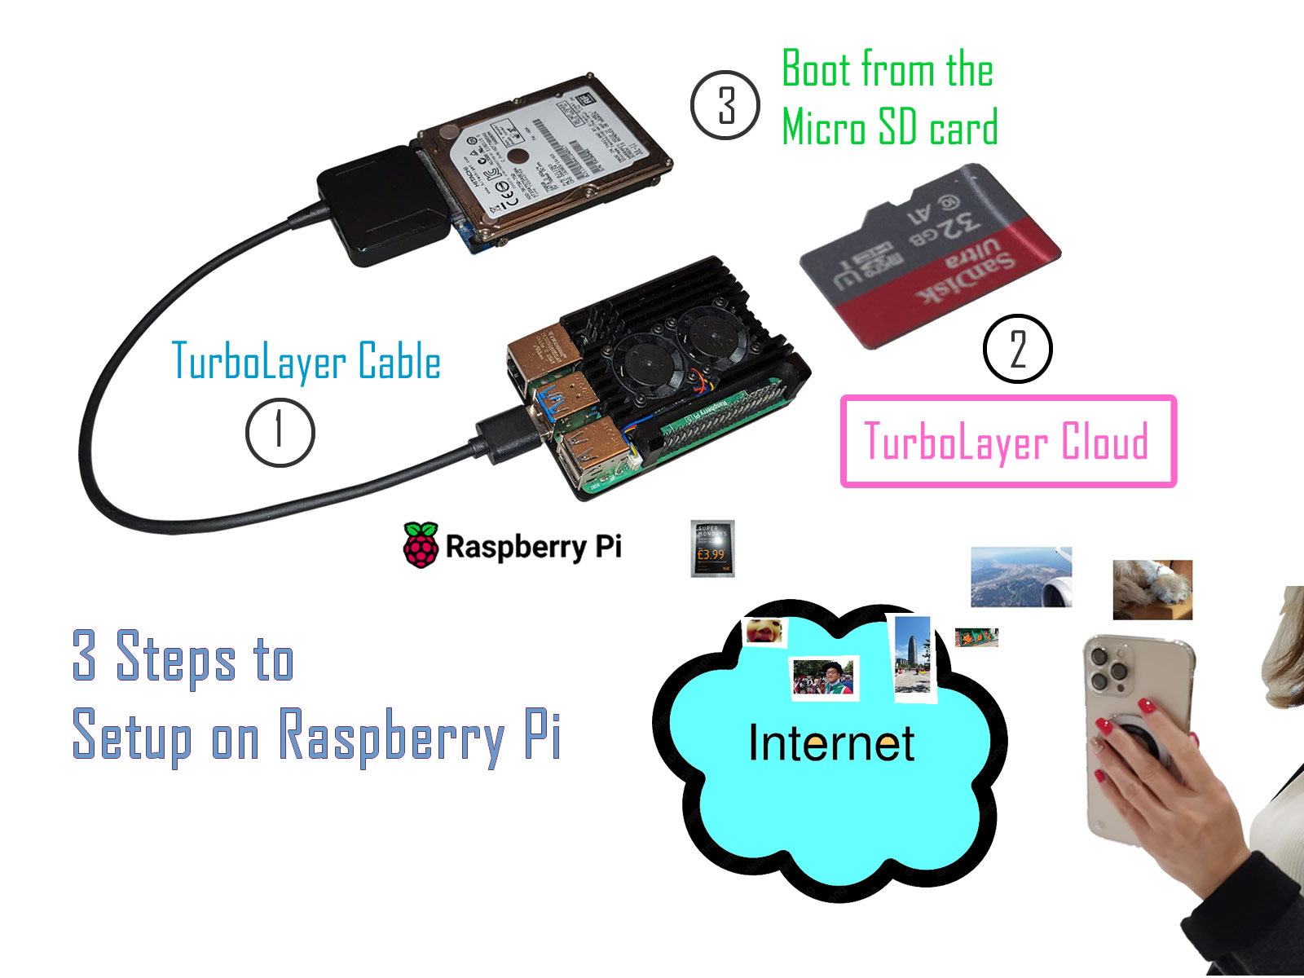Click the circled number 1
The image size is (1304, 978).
tap(280, 432)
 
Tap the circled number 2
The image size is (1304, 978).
tap(1018, 349)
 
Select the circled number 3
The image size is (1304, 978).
tap(725, 105)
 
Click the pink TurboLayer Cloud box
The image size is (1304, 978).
tap(1008, 442)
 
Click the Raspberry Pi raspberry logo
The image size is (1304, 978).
tap(421, 545)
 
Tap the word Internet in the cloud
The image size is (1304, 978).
tap(830, 743)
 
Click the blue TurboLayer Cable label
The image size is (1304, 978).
tap(306, 361)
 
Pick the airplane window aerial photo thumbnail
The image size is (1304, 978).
tap(1021, 577)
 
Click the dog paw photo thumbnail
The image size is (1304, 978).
tap(1152, 589)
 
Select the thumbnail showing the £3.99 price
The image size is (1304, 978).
tap(712, 548)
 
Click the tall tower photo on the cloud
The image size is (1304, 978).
tap(912, 656)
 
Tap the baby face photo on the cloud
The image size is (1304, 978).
tap(764, 631)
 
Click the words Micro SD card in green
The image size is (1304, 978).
tap(889, 128)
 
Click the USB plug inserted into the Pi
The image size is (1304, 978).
tap(501, 434)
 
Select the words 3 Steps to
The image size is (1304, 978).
tap(183, 656)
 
